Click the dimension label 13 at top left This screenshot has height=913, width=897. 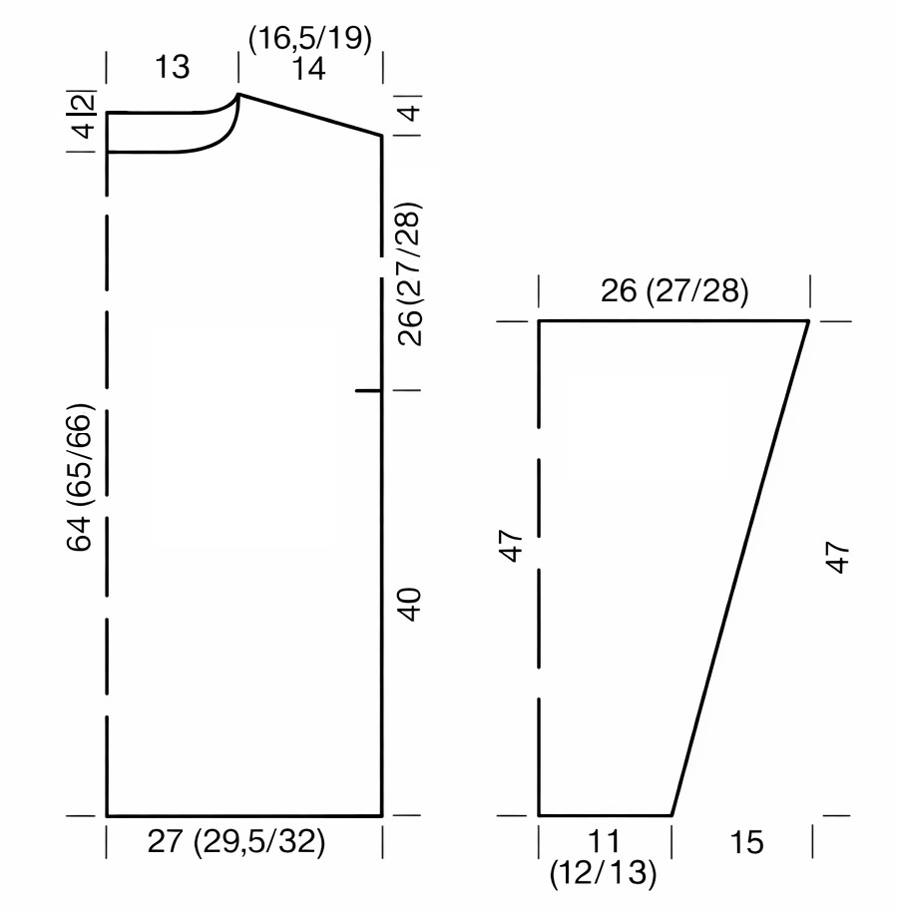point(173,68)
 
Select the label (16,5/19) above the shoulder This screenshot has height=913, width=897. point(310,39)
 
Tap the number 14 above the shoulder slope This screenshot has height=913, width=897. point(308,69)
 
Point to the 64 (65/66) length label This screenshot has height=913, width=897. point(80,477)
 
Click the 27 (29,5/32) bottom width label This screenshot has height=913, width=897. point(236,841)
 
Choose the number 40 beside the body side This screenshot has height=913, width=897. point(410,605)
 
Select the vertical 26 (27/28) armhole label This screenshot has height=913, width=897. point(410,274)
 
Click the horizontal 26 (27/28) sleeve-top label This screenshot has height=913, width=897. point(674,291)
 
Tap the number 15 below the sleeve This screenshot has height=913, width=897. point(746,842)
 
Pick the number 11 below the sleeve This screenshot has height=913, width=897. point(604,841)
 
